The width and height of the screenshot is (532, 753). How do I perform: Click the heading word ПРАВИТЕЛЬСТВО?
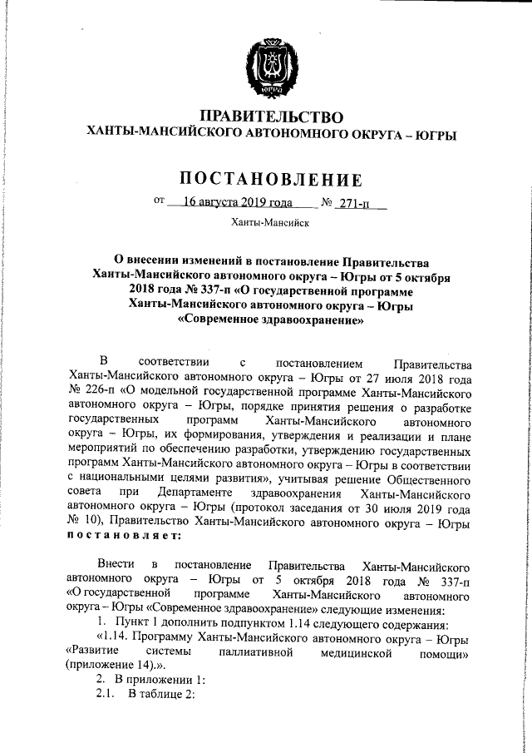(x=273, y=116)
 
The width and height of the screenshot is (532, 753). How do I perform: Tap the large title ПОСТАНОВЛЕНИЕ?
(x=272, y=179)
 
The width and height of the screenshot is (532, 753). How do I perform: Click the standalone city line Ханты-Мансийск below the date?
(x=270, y=223)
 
